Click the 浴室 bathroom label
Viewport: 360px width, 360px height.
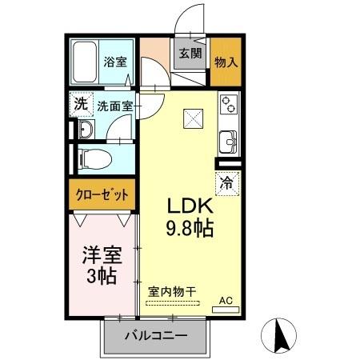coord(115,62)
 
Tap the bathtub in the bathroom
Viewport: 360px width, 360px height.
coord(83,62)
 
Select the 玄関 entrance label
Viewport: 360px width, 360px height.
coord(190,54)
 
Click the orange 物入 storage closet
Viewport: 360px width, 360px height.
coord(225,62)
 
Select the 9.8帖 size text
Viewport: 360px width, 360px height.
coord(189,229)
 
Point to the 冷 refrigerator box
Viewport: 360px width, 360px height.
coord(227,182)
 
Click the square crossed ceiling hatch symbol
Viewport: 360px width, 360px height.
coord(194,118)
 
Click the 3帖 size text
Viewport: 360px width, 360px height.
coord(101,277)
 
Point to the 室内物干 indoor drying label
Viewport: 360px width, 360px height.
coord(171,291)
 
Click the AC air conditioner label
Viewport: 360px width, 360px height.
coord(226,301)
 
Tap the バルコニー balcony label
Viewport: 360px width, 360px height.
coord(155,336)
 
